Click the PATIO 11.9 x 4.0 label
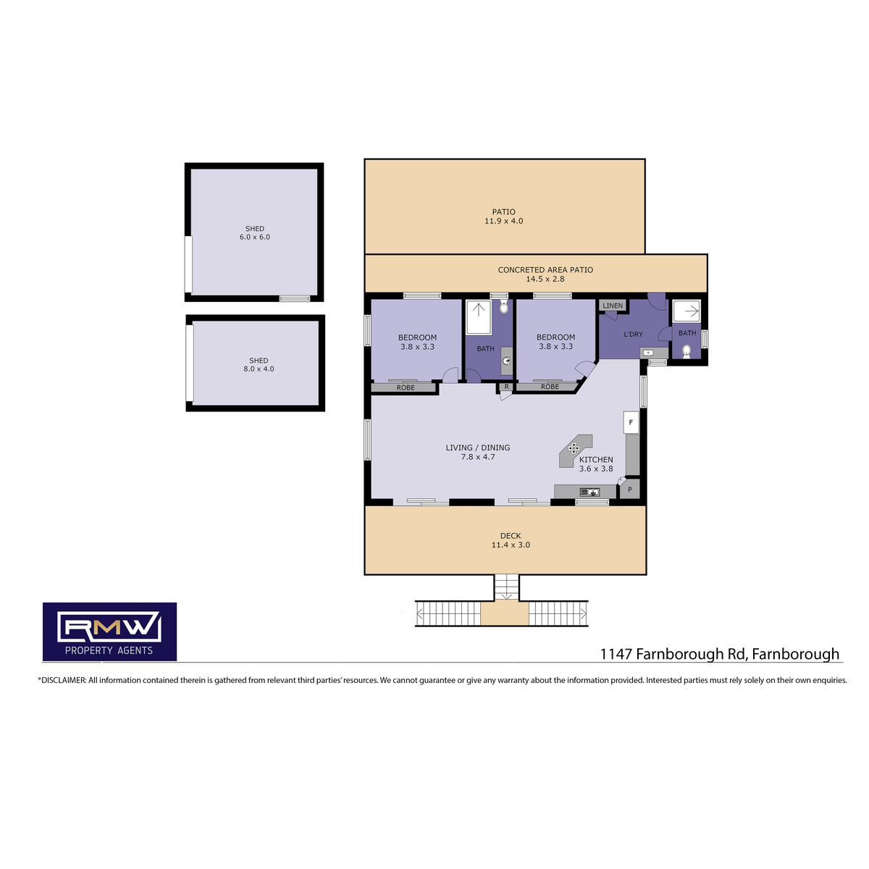click(x=503, y=216)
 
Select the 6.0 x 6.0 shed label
click(x=254, y=232)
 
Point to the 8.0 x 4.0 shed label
click(x=259, y=364)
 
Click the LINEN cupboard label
click(x=613, y=306)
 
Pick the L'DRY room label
click(x=633, y=334)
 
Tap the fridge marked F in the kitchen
click(x=631, y=422)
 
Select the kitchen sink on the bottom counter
click(x=589, y=492)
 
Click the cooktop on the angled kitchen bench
click(x=574, y=448)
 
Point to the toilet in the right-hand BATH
click(x=686, y=350)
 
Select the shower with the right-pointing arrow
click(x=687, y=311)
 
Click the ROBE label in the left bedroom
click(x=406, y=387)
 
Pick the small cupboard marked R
click(x=506, y=387)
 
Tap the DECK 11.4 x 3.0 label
click(x=511, y=540)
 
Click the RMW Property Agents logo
click(x=109, y=631)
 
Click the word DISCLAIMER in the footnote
click(x=63, y=680)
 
